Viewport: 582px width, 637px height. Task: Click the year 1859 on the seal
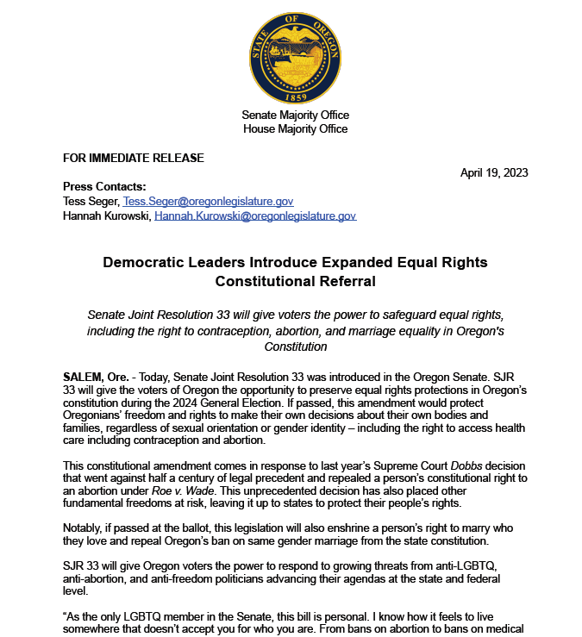click(295, 96)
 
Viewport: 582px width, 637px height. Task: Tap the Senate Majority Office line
click(295, 115)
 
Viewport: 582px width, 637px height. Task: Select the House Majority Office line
click(295, 128)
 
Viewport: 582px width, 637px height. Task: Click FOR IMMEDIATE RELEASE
click(134, 158)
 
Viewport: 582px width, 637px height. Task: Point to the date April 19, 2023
click(494, 172)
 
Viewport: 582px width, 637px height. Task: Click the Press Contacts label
click(104, 187)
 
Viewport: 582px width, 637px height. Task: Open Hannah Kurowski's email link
click(255, 215)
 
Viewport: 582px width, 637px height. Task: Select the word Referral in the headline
click(344, 281)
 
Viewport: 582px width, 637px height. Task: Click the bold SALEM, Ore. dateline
click(99, 378)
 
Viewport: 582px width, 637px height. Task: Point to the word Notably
click(84, 527)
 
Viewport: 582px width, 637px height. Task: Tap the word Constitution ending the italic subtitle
click(296, 347)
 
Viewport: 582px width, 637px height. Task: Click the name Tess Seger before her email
click(91, 201)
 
